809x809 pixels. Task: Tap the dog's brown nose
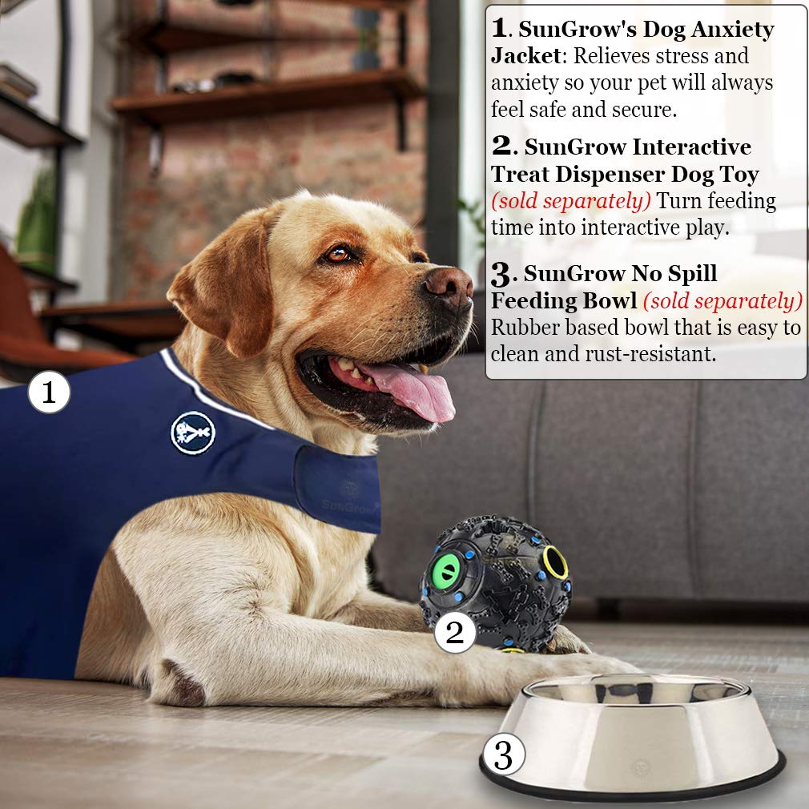pos(449,284)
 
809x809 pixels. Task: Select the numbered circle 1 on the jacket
pos(49,393)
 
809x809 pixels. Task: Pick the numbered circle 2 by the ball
pos(455,633)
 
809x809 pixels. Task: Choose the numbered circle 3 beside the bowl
pos(503,755)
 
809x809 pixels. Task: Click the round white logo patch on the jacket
pos(193,433)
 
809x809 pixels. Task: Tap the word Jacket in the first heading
pos(520,58)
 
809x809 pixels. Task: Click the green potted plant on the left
pos(36,220)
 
